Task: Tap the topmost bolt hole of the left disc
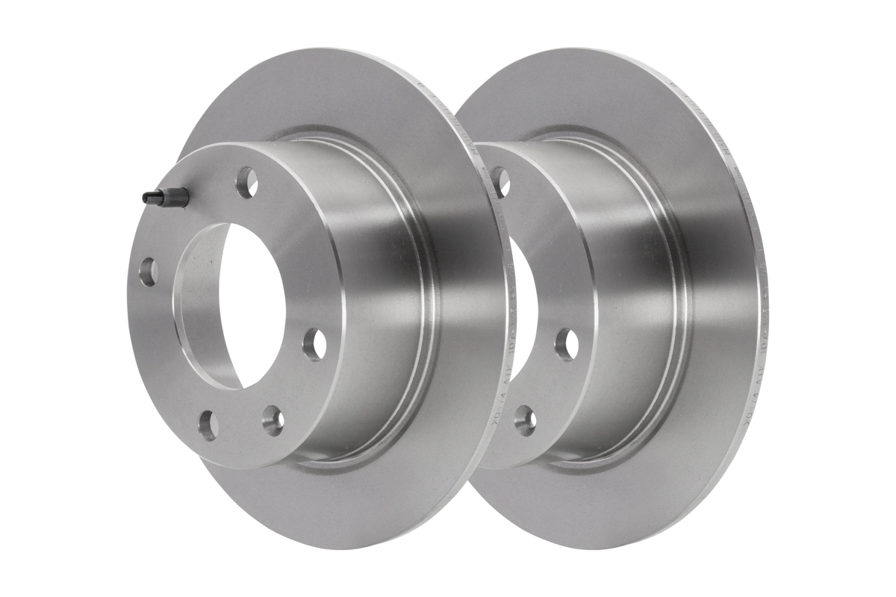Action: pos(246,181)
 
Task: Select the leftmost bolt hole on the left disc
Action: pos(148,272)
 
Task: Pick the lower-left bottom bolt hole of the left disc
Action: pos(208,425)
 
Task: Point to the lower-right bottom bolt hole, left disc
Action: pos(273,421)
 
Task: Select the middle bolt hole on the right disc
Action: pos(566,343)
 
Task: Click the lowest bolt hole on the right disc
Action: pos(525,421)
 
